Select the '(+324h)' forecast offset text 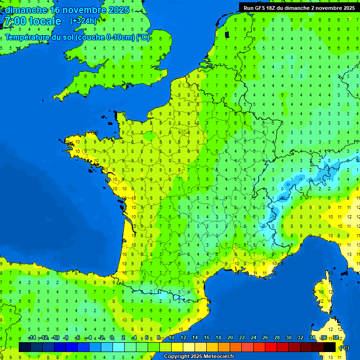tap(83, 21)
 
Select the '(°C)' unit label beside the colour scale tap(344, 347)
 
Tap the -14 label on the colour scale tap(32, 338)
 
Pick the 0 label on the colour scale tap(112, 338)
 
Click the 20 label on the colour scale tap(230, 338)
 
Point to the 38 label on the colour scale tap(336, 338)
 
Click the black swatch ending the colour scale tap(330, 347)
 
